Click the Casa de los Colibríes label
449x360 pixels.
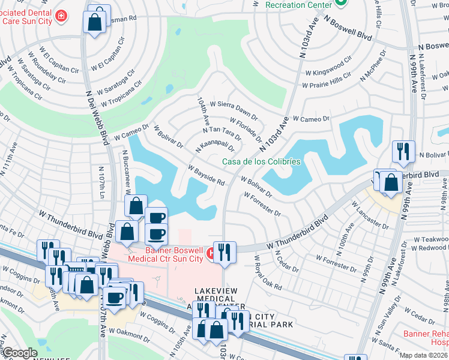tap(261, 161)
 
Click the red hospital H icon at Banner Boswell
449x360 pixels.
tap(211, 253)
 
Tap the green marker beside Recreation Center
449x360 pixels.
tap(341, 4)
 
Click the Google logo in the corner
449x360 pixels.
tap(20, 353)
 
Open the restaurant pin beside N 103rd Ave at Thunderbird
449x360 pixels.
tap(225, 251)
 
